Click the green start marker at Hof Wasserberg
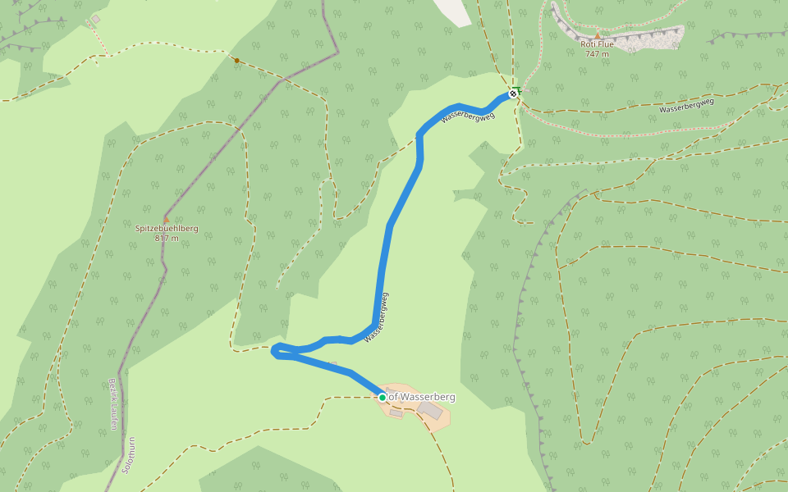tap(382, 397)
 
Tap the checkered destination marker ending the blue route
tap(513, 94)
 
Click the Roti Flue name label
tap(597, 45)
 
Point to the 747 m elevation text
tap(597, 54)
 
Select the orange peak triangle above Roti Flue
tap(597, 35)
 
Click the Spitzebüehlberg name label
tap(167, 229)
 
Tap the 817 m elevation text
tap(167, 238)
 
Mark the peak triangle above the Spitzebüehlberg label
tap(167, 220)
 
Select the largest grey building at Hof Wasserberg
tap(429, 408)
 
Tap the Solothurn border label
tap(128, 455)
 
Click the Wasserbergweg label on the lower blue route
tap(376, 317)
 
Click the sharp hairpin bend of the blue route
tap(274, 352)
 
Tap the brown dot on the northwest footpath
tap(236, 60)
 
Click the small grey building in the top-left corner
tap(95, 19)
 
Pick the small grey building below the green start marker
tap(396, 413)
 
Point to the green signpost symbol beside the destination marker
tap(517, 88)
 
